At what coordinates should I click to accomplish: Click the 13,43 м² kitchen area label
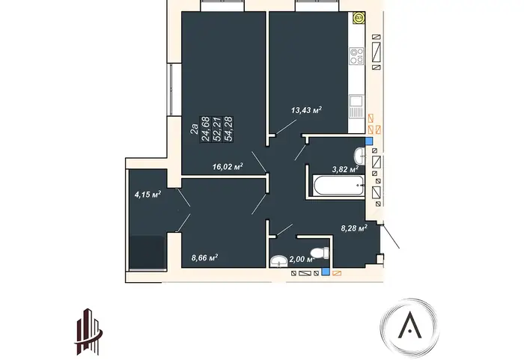click(x=306, y=109)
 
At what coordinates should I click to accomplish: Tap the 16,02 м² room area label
click(x=228, y=166)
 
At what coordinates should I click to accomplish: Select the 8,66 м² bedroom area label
click(x=205, y=257)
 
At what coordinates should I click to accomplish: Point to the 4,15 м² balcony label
click(x=147, y=194)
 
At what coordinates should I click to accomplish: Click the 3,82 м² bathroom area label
click(x=345, y=169)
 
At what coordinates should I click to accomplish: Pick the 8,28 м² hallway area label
click(x=354, y=228)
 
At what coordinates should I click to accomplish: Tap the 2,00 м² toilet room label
click(x=302, y=259)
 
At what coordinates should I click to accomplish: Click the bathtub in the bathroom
click(x=338, y=186)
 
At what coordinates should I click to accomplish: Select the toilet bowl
click(x=320, y=253)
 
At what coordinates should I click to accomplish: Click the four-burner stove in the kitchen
click(x=356, y=56)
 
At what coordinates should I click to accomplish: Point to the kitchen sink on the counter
click(x=356, y=106)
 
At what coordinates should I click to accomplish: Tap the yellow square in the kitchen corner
click(x=359, y=17)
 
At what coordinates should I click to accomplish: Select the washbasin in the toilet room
click(x=278, y=261)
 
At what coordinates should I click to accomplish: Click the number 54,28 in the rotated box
click(x=229, y=129)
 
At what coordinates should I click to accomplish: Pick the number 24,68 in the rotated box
click(x=205, y=129)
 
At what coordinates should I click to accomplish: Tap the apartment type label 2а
click(x=194, y=129)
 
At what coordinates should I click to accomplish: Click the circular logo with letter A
click(x=410, y=328)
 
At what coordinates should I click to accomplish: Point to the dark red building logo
click(x=88, y=332)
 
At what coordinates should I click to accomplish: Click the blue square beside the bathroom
click(x=369, y=141)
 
